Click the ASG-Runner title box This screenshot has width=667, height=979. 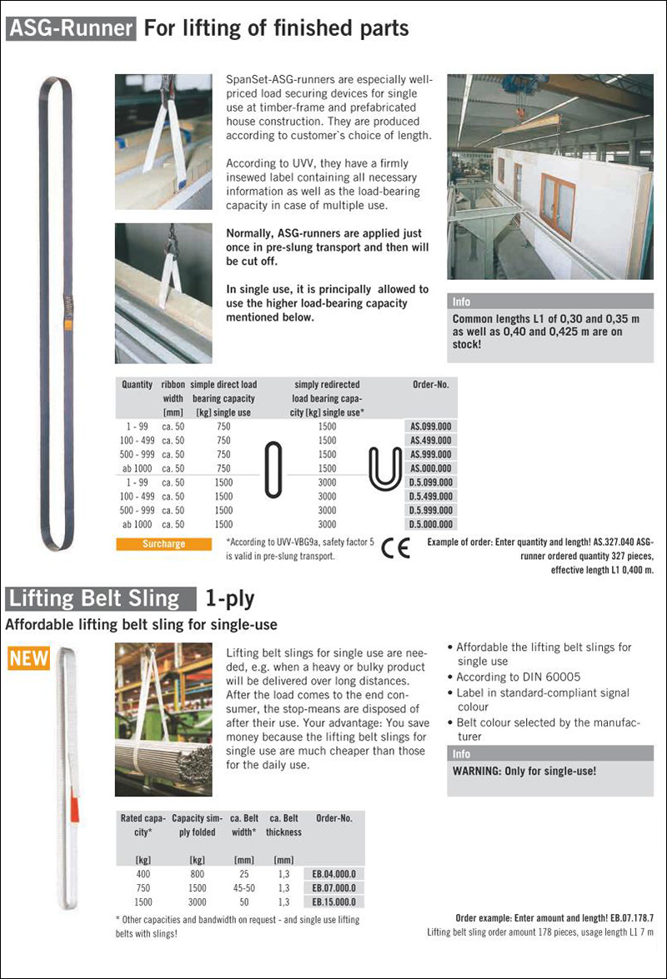(71, 29)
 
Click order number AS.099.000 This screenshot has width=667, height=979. (431, 426)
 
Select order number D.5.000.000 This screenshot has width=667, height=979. (431, 525)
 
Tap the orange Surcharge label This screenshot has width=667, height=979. (163, 544)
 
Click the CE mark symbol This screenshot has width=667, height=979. (395, 550)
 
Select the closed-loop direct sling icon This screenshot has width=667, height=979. (273, 471)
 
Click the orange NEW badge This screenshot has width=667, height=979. (28, 659)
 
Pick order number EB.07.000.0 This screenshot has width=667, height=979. (333, 888)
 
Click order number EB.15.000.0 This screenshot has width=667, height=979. (333, 902)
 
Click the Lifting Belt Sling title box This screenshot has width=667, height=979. (100, 598)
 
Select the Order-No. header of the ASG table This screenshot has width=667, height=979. (431, 385)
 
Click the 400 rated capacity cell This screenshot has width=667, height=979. (143, 874)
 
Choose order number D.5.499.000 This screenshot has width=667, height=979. (431, 497)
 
